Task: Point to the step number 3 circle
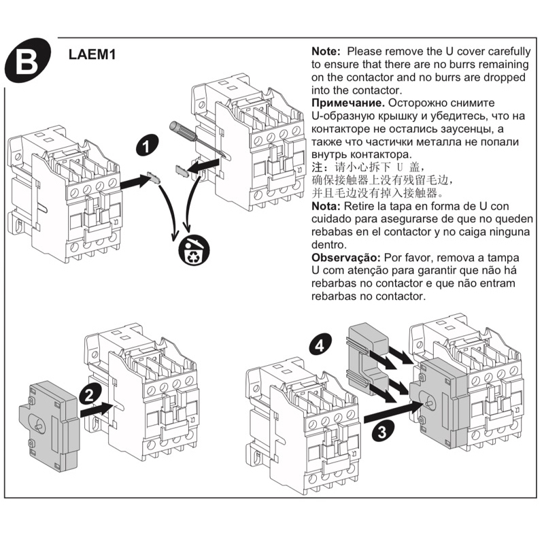[x=384, y=430]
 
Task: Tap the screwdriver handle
[x=181, y=129]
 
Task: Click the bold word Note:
[x=328, y=51]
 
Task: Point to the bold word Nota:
[x=326, y=206]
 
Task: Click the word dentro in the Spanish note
[x=328, y=245]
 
